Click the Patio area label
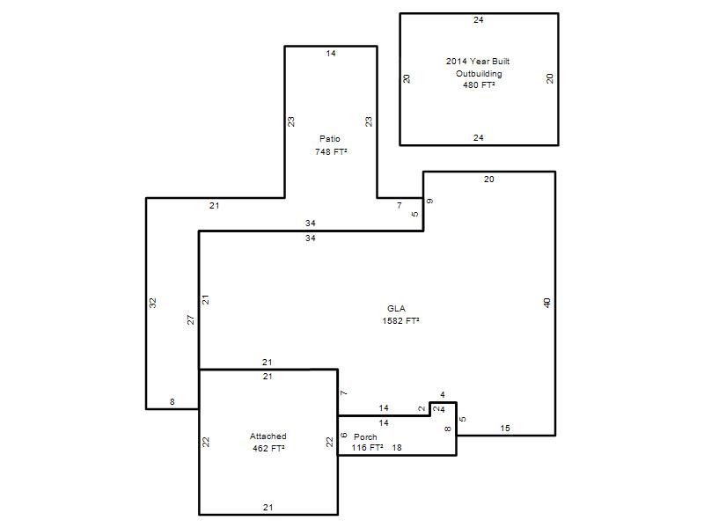click(x=329, y=139)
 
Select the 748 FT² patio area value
click(x=331, y=151)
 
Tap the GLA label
click(x=396, y=309)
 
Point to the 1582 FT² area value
click(x=400, y=320)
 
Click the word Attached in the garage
click(x=268, y=436)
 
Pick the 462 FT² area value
click(x=268, y=448)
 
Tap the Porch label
click(x=365, y=436)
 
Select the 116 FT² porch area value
click(x=367, y=448)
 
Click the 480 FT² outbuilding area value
click(x=479, y=84)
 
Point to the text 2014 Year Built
click(x=478, y=61)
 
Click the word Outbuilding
click(x=479, y=73)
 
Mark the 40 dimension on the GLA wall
click(x=546, y=303)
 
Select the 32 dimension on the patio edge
click(x=152, y=303)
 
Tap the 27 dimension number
click(x=190, y=319)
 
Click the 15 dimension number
click(x=505, y=429)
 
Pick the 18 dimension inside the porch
click(x=397, y=448)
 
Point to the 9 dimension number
click(x=429, y=202)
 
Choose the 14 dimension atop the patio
click(x=331, y=54)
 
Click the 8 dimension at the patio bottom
click(x=172, y=402)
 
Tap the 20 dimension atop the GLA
click(x=489, y=180)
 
